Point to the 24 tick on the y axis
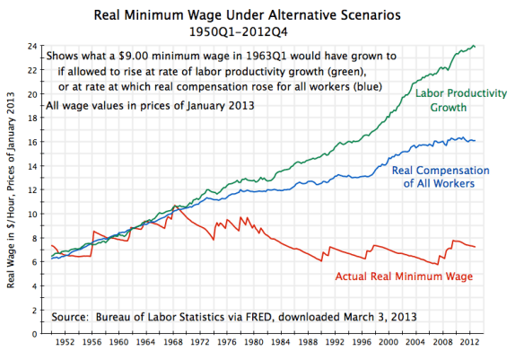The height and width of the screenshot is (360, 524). click(x=35, y=46)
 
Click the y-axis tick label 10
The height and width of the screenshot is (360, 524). click(x=35, y=214)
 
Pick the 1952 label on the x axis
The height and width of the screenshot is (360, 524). click(x=66, y=344)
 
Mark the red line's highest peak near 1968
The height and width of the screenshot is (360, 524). click(x=177, y=206)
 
